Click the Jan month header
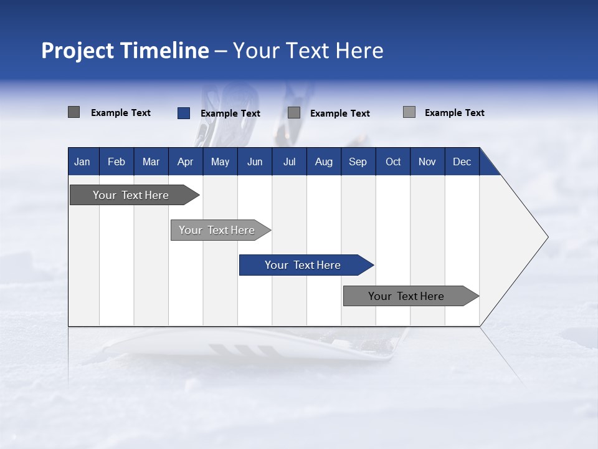82,162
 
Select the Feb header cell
116,162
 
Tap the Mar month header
151,162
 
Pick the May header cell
220,162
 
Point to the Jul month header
289,162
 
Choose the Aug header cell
323,162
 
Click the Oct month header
393,162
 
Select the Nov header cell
427,162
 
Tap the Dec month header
462,162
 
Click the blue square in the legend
184,113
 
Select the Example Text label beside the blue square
230,113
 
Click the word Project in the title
77,51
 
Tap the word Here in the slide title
359,51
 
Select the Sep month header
358,162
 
